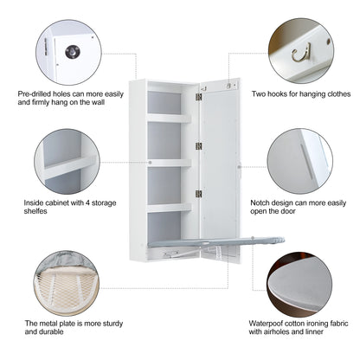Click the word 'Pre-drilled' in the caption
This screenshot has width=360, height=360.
point(38,93)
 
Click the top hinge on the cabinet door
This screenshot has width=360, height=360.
point(197,98)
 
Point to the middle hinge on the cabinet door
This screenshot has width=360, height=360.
point(197,145)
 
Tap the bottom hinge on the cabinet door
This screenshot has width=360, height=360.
point(197,193)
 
